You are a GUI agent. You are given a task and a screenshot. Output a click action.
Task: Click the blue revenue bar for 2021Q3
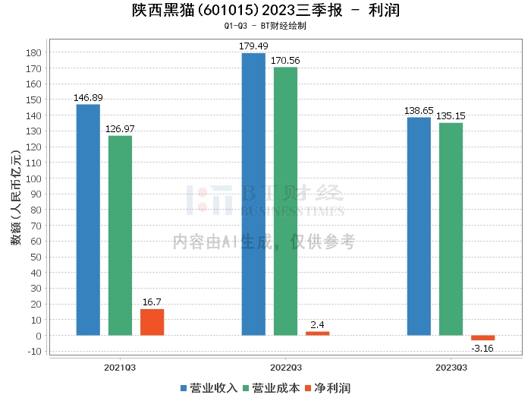(x=88, y=220)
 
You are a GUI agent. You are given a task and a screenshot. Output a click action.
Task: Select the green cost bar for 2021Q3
(x=120, y=235)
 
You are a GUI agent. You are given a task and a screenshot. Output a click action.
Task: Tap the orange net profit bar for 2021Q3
(x=152, y=322)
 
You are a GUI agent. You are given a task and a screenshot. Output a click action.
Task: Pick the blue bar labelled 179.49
(x=253, y=194)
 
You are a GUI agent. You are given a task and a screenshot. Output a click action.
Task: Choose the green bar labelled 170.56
(x=285, y=201)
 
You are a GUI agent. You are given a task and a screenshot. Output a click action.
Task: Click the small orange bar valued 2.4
(x=317, y=333)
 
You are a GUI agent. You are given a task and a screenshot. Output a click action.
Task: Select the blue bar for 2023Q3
(x=419, y=226)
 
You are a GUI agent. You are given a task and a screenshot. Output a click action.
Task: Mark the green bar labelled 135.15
(x=451, y=229)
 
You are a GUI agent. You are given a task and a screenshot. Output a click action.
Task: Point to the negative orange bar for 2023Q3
(x=482, y=338)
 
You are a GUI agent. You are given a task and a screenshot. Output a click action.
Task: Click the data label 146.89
(x=88, y=98)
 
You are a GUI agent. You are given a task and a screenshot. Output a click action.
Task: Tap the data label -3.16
(x=482, y=349)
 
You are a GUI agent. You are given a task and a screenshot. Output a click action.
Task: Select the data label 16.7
(x=152, y=302)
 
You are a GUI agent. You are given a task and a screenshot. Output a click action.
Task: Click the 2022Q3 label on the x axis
(x=285, y=367)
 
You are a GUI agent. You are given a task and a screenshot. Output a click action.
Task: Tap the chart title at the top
(x=265, y=11)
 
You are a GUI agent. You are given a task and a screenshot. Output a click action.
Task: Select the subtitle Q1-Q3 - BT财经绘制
(x=265, y=26)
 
